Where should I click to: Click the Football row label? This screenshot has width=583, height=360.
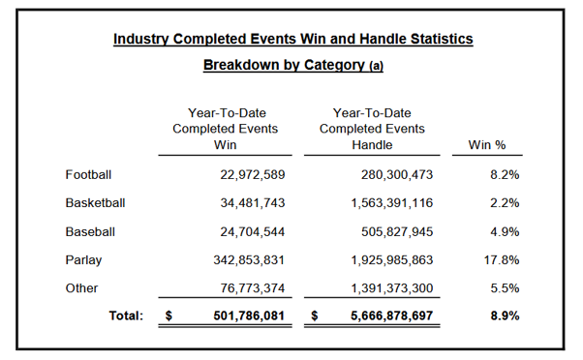click(88, 174)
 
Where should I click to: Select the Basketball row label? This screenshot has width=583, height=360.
click(95, 203)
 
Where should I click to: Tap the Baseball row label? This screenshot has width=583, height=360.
click(90, 232)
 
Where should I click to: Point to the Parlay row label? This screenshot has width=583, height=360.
click(83, 260)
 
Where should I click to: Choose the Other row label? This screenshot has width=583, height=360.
click(81, 288)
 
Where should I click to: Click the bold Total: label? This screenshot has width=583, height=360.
click(126, 315)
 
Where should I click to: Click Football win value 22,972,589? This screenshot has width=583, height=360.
click(253, 174)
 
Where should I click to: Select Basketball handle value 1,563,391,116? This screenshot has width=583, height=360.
click(392, 203)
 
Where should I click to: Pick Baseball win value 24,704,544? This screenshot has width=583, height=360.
click(253, 232)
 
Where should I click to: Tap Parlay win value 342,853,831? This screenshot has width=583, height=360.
click(249, 260)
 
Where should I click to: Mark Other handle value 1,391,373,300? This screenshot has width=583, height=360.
click(392, 288)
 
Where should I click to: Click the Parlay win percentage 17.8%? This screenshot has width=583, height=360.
click(502, 260)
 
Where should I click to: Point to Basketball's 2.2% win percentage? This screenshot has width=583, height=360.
click(505, 203)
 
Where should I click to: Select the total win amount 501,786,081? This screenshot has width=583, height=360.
click(249, 315)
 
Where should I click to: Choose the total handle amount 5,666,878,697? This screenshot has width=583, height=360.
click(392, 315)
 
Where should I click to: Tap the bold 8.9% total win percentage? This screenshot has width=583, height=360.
click(505, 315)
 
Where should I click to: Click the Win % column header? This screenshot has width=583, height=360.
click(487, 144)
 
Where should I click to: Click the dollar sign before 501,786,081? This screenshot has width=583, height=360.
click(169, 315)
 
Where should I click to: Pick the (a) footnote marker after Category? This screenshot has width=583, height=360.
click(376, 66)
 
